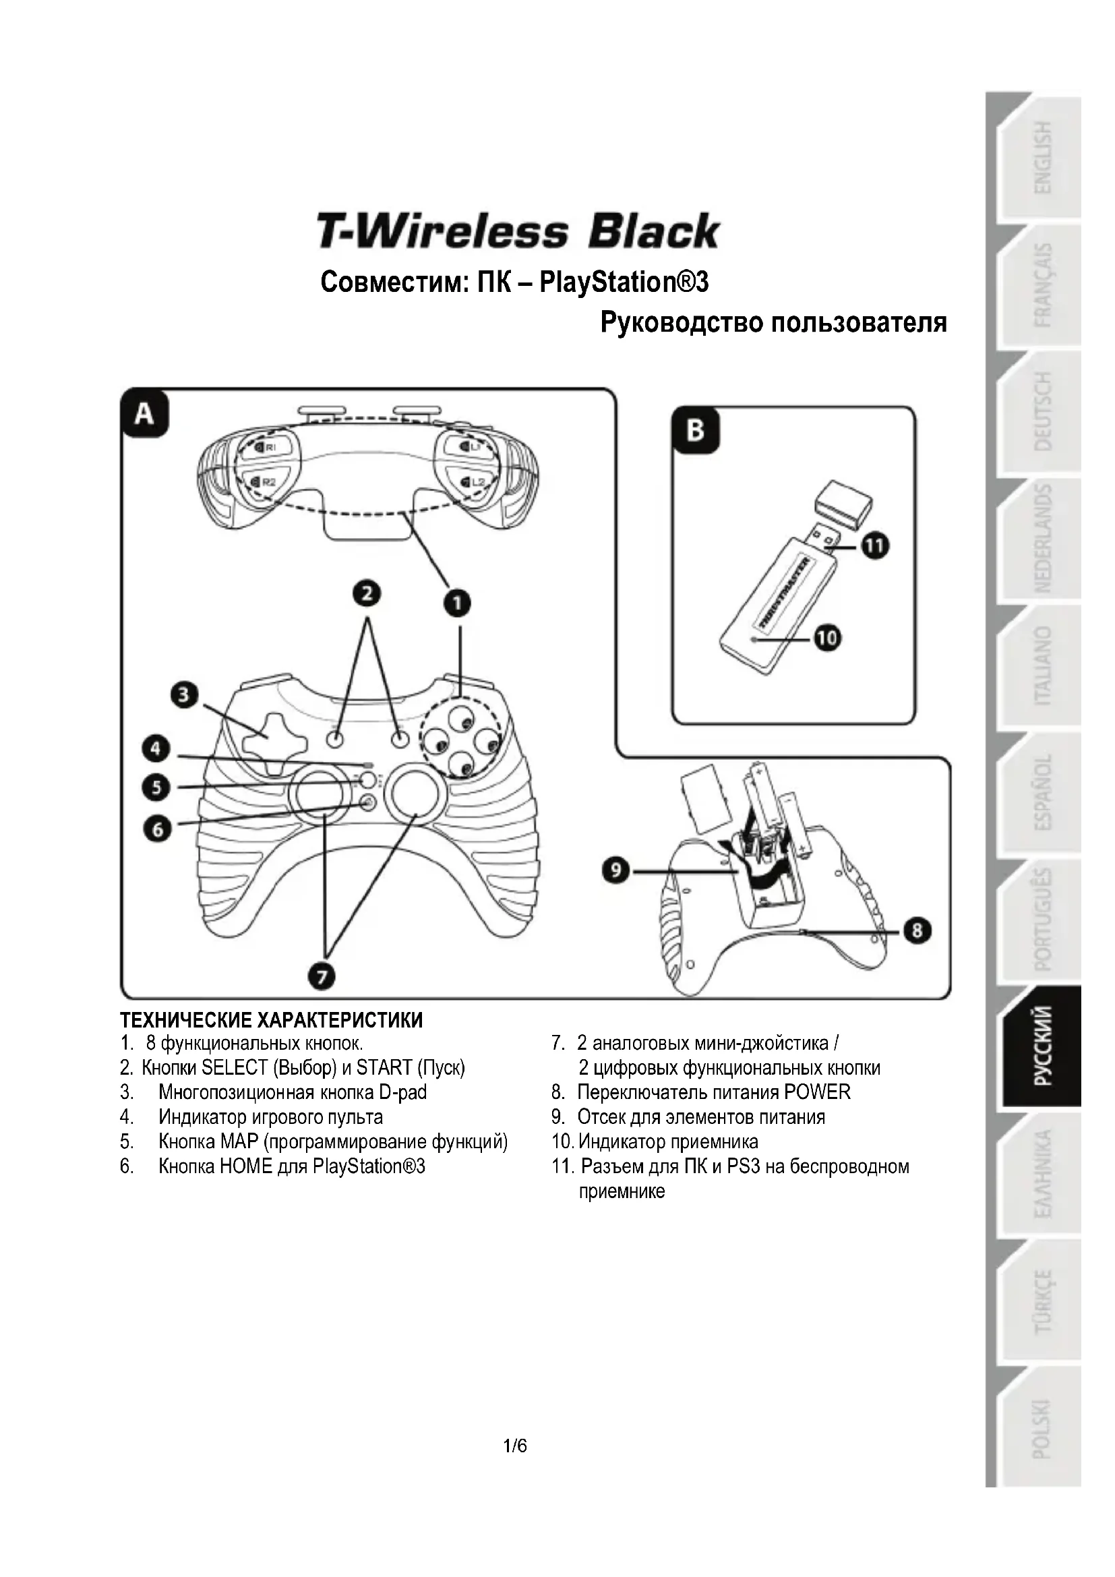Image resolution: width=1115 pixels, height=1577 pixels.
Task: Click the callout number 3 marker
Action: [184, 695]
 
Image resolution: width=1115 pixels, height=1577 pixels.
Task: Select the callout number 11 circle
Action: [875, 547]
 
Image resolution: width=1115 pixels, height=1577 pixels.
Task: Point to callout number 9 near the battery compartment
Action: [616, 871]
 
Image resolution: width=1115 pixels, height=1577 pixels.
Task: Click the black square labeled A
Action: [144, 414]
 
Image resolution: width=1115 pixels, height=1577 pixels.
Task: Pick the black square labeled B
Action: [696, 431]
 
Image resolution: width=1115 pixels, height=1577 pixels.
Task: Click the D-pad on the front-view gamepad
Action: [266, 736]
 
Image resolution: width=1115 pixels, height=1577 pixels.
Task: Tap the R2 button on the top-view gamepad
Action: [264, 482]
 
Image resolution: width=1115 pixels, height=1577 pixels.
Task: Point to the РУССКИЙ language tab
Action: [1042, 1046]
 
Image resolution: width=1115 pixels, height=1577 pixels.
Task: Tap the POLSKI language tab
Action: [1042, 1427]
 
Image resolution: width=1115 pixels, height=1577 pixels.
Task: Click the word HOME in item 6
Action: [246, 1166]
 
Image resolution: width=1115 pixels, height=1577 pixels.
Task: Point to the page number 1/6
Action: [515, 1446]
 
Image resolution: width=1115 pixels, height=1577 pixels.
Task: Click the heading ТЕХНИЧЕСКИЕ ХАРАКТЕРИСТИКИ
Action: [271, 1020]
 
